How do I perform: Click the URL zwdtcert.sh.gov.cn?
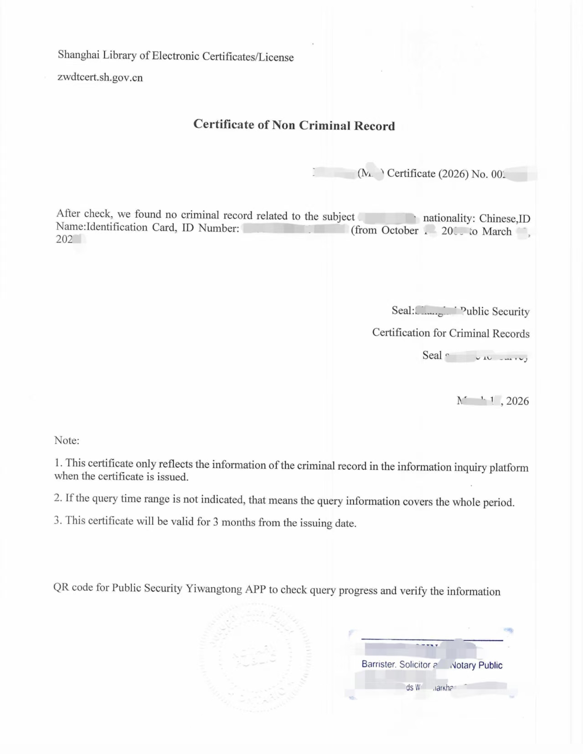tap(100, 77)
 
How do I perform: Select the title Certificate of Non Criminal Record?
tap(294, 125)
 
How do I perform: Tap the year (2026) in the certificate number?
tap(453, 174)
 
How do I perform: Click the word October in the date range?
tap(400, 231)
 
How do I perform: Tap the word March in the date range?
tap(497, 231)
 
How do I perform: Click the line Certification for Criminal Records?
tap(450, 333)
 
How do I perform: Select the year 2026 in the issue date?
tap(517, 401)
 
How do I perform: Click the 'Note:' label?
tap(67, 440)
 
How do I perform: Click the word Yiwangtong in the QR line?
tap(214, 589)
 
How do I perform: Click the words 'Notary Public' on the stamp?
tap(476, 665)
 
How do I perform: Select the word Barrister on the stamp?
tap(378, 664)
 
